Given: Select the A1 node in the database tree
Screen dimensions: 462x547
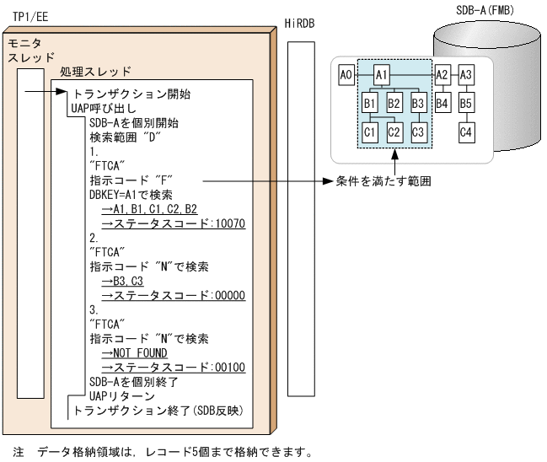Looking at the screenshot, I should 382,75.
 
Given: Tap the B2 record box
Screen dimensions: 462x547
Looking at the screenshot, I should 394,104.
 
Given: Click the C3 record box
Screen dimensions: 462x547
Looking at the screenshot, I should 420,132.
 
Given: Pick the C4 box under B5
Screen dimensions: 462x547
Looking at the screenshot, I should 467,132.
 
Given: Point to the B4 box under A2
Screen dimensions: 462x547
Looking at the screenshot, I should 442,104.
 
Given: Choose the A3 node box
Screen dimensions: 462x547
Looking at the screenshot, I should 467,75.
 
